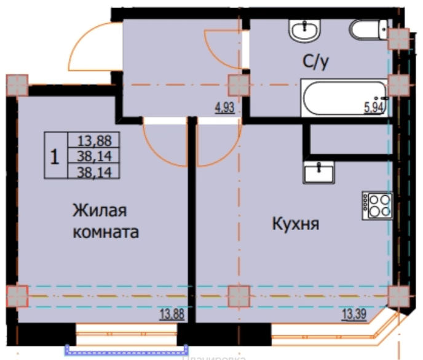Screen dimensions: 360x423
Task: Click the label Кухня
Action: click(x=295, y=223)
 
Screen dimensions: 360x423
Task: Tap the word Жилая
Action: click(x=100, y=211)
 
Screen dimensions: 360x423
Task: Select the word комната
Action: click(x=106, y=233)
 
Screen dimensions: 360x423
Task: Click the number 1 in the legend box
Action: click(x=55, y=156)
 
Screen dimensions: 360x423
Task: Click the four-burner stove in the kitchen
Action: click(x=377, y=204)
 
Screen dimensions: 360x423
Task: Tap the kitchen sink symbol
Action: click(x=318, y=172)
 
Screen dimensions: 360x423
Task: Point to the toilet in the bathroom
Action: click(x=368, y=29)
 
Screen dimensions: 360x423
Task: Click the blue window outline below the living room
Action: click(x=126, y=350)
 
